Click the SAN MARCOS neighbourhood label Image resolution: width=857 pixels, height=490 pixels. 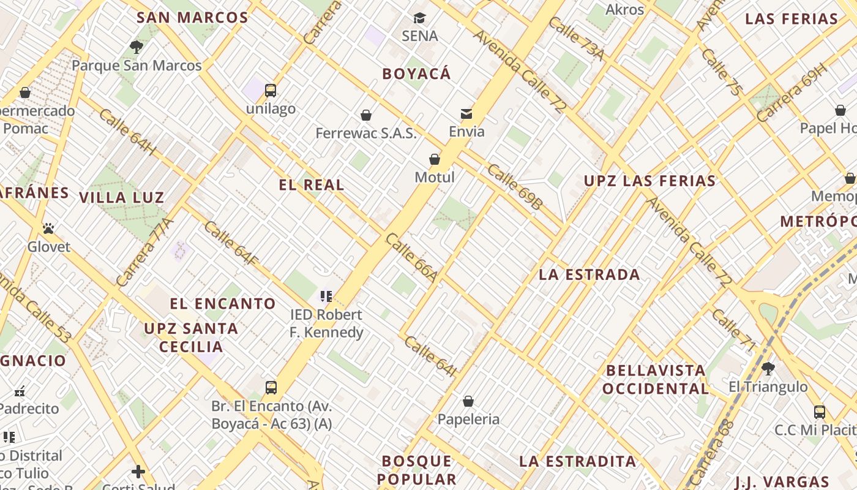(x=192, y=17)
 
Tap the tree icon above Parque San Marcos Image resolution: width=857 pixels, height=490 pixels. (x=137, y=47)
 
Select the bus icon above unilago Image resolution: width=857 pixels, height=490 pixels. (x=271, y=91)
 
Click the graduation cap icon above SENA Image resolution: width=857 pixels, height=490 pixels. (x=419, y=18)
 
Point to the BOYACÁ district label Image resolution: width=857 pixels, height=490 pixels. (x=416, y=74)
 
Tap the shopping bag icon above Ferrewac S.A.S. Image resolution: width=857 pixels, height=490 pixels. (x=366, y=115)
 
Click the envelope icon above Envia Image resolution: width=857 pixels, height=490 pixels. (x=466, y=113)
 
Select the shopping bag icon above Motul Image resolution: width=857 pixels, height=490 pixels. (x=435, y=159)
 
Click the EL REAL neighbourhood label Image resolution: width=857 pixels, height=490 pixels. (x=312, y=185)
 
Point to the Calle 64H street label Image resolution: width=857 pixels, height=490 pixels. (x=128, y=132)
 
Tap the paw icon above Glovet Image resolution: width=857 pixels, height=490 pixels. (x=48, y=228)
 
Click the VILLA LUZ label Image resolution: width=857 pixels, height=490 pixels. (x=122, y=198)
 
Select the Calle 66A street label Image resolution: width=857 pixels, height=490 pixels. (x=411, y=257)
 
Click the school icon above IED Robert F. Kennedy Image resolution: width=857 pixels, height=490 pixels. (x=326, y=297)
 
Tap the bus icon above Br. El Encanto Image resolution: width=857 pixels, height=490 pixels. (x=271, y=387)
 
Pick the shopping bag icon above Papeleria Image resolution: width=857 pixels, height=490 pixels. (x=468, y=401)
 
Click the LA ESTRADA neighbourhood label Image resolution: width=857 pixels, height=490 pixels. (x=589, y=274)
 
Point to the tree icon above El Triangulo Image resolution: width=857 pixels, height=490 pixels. (x=768, y=368)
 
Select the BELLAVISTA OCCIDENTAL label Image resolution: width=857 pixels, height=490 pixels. (x=656, y=380)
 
